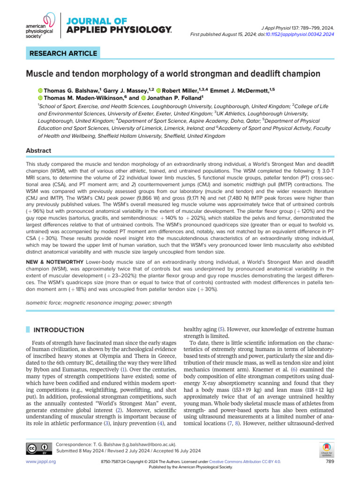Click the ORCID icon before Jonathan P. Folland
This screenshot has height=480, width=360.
pyautogui.click(x=143, y=97)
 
